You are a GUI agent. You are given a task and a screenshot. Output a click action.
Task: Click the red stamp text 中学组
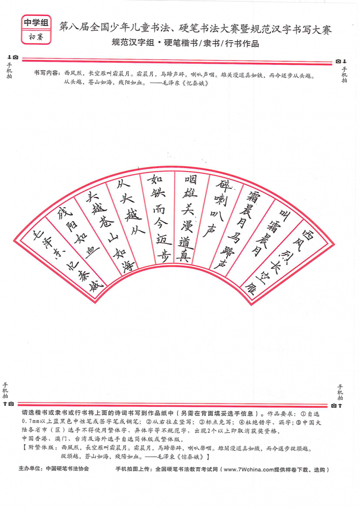(x=36, y=22)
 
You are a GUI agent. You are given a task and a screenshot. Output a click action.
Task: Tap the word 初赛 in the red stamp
(x=36, y=37)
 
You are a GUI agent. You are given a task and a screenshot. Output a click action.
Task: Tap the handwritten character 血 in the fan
(x=92, y=252)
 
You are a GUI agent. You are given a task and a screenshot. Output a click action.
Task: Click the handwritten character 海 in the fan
(x=128, y=266)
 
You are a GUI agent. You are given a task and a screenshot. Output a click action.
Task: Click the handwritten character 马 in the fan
(x=233, y=237)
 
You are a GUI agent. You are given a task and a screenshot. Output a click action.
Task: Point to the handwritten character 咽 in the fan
(x=191, y=179)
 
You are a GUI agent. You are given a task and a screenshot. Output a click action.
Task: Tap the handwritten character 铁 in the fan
(x=157, y=191)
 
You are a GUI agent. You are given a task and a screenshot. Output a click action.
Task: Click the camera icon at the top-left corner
(x=15, y=58)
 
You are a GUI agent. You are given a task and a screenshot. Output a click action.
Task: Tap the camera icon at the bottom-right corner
(x=334, y=406)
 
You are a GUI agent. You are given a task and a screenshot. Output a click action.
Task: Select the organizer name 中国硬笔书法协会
(x=67, y=469)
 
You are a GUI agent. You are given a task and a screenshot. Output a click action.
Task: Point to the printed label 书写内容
(x=46, y=73)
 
